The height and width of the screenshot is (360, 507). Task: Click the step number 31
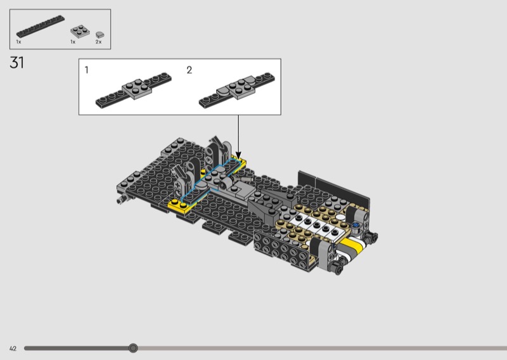click(17, 62)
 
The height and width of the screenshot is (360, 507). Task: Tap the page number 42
click(13, 349)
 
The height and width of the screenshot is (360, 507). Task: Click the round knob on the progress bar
click(133, 348)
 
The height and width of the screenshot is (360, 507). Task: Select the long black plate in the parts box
click(41, 26)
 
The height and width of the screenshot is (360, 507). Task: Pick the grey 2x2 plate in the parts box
click(80, 31)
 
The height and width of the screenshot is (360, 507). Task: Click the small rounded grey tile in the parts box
click(99, 34)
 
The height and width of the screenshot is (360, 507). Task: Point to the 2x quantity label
click(98, 42)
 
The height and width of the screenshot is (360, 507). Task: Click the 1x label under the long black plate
click(18, 42)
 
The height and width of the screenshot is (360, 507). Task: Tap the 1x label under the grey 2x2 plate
click(73, 42)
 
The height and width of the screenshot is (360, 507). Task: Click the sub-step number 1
click(86, 70)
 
